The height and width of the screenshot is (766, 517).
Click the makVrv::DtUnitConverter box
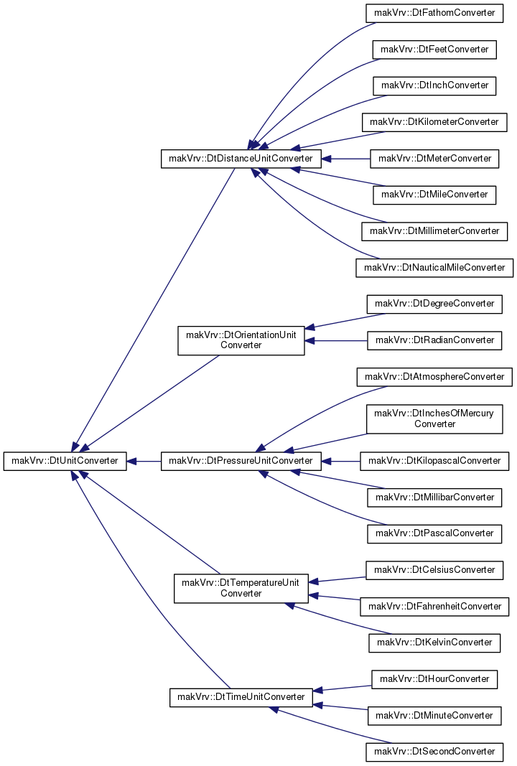65,461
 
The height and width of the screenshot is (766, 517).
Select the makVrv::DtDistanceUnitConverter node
241,159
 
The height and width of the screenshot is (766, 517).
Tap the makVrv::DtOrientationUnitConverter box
241,340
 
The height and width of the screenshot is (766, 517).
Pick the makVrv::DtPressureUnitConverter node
241,461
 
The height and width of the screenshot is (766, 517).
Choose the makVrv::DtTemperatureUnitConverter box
241,588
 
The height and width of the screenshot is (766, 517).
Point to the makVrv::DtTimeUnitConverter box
241,697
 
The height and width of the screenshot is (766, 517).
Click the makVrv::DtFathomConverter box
434,13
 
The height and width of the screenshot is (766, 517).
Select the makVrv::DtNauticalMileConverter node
434,268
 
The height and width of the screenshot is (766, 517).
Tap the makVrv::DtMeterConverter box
434,159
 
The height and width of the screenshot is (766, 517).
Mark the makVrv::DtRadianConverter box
434,340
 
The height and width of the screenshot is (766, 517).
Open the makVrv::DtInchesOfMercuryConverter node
434,419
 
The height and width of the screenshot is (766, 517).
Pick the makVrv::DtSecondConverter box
434,752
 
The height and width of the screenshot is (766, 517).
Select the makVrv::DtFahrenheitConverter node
434,607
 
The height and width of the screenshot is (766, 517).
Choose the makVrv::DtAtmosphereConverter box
434,377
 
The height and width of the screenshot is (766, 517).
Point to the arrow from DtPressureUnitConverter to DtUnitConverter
144,461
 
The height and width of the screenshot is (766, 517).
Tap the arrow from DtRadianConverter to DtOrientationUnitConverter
336,340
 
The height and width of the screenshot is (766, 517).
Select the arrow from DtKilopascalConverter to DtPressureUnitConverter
341,461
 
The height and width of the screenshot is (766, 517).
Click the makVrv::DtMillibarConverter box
434,498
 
